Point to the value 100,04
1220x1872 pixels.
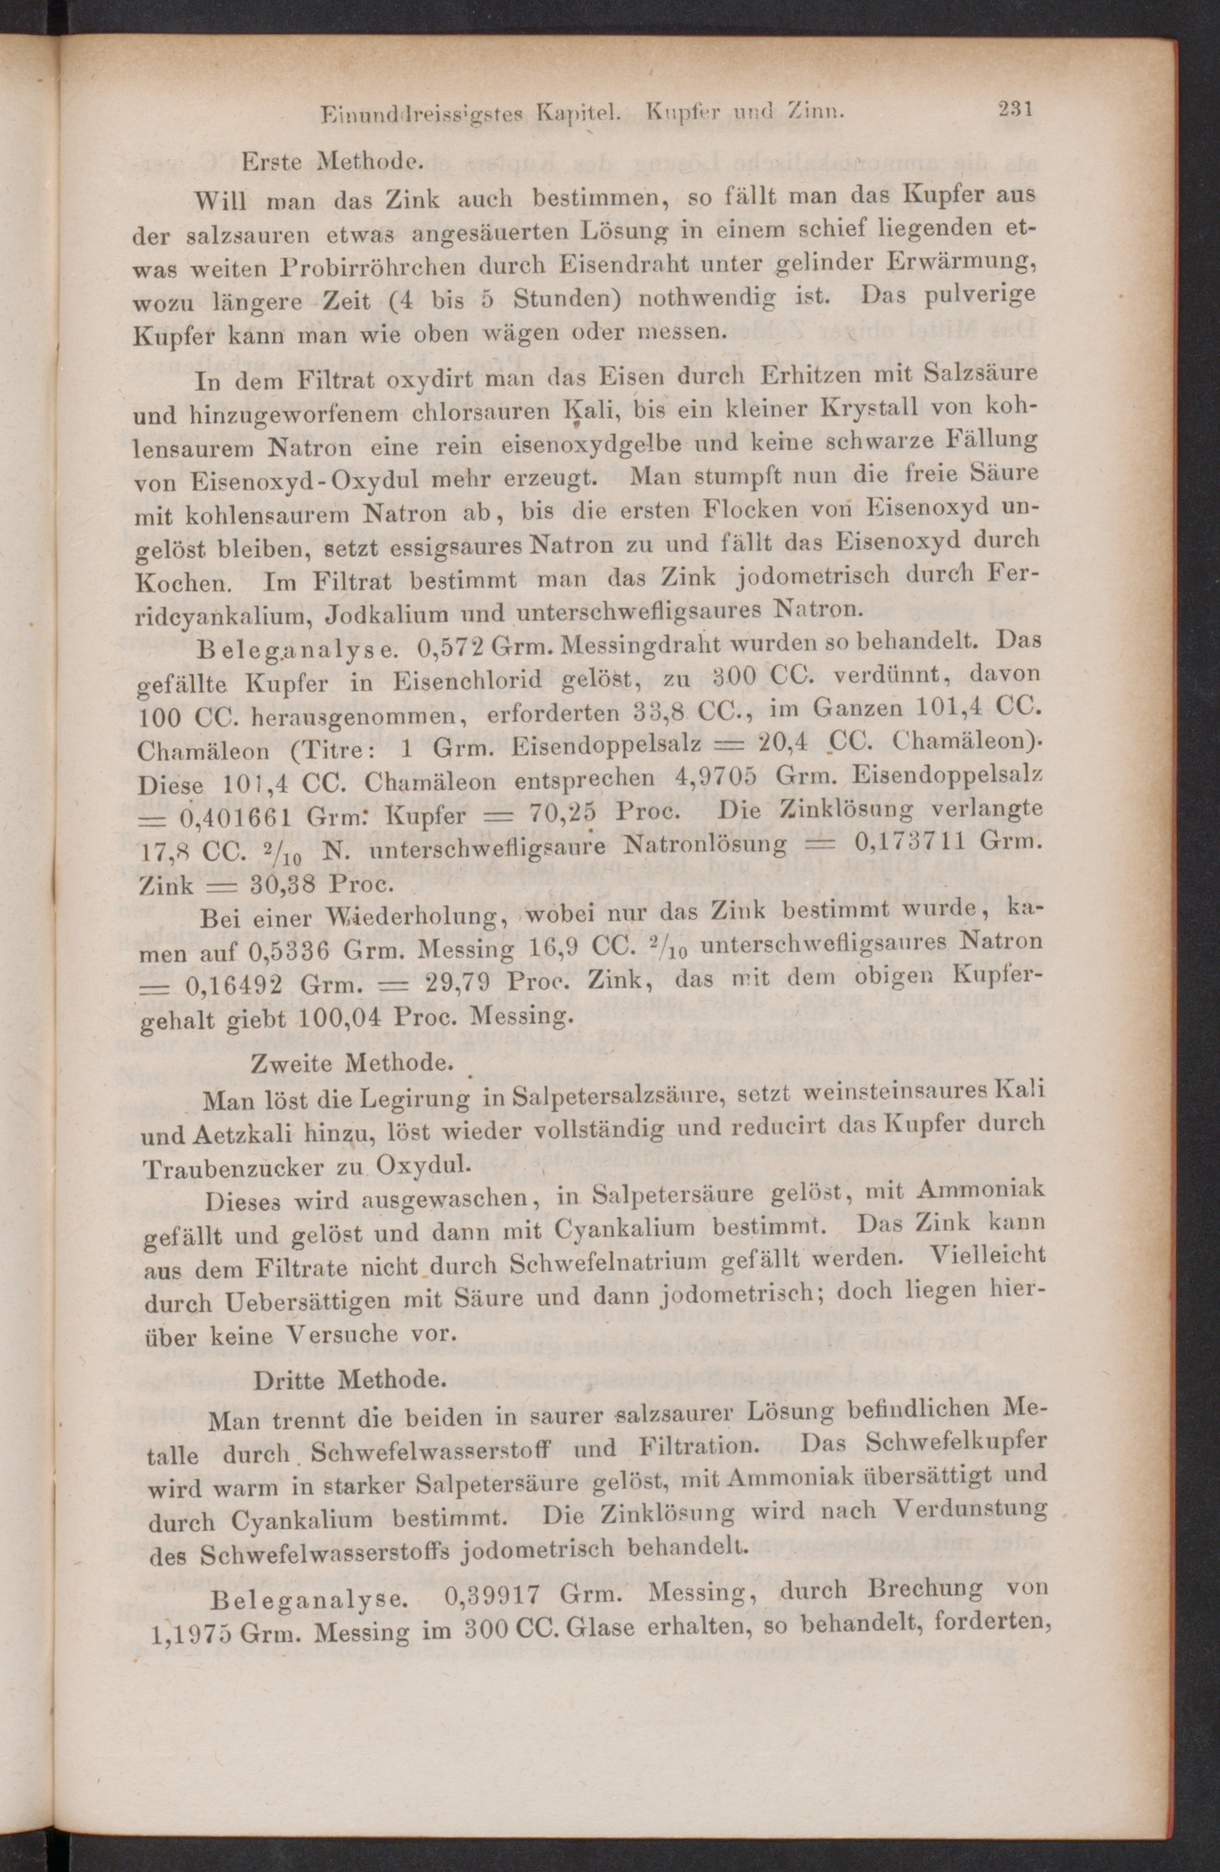(x=338, y=1017)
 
